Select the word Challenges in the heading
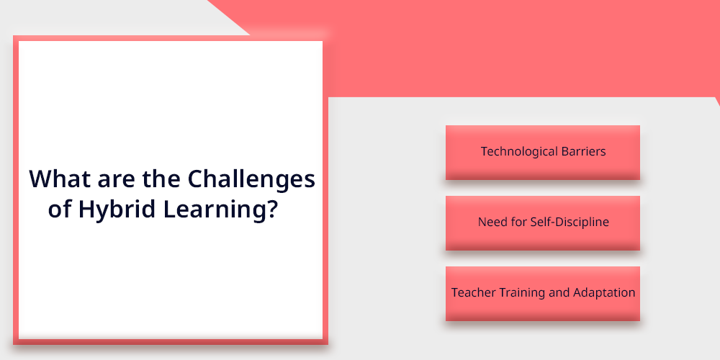(x=251, y=179)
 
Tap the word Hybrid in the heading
(x=117, y=210)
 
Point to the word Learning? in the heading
(x=220, y=210)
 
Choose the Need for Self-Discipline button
(x=543, y=223)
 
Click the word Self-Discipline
(x=570, y=222)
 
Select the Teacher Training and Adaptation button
(x=543, y=294)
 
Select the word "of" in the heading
(x=60, y=209)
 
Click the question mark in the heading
(x=273, y=209)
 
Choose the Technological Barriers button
(x=543, y=153)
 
